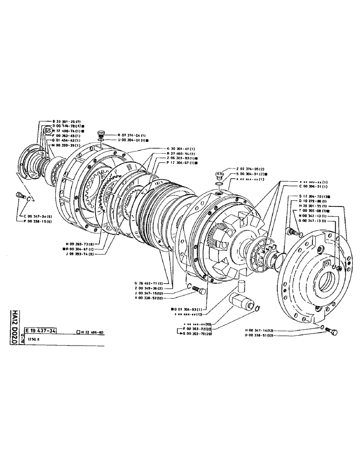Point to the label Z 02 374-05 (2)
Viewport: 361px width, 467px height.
(252, 169)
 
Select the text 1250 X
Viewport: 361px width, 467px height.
(34, 340)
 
